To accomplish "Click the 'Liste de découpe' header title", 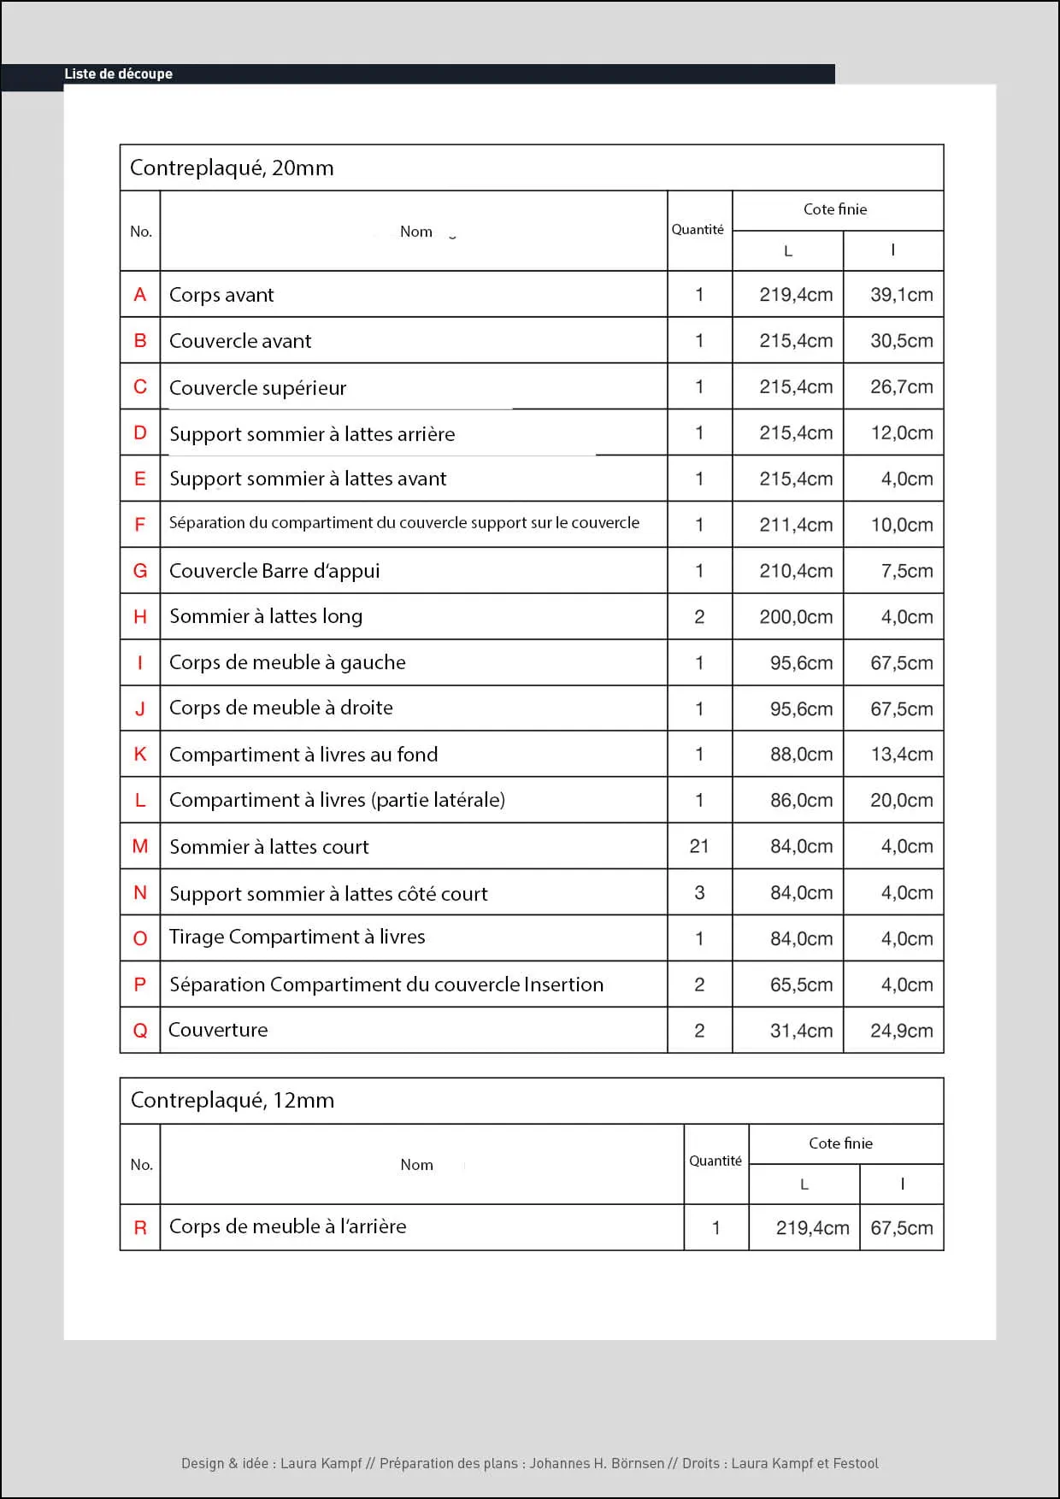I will (x=118, y=74).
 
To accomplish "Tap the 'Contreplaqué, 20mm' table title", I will (x=232, y=168).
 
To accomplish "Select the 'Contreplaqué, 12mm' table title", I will (x=232, y=1101).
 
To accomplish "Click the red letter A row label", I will (x=140, y=295).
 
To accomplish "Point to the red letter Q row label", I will (x=140, y=1031).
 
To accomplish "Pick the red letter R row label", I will (x=140, y=1228).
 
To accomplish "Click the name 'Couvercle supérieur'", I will (x=257, y=388).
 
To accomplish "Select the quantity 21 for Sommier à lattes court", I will (x=699, y=846).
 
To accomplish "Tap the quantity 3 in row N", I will (x=699, y=893).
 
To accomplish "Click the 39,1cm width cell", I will (x=901, y=295).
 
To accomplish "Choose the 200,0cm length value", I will (x=796, y=617).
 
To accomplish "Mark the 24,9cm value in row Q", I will (x=901, y=1031).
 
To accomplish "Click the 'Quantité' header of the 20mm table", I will (x=698, y=230).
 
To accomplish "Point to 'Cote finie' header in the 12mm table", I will (x=840, y=1143).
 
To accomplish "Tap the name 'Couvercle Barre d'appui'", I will (x=274, y=571).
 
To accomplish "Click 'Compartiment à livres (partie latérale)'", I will (x=337, y=800).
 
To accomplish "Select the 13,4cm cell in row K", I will (x=901, y=755).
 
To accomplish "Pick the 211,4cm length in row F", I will (x=796, y=525).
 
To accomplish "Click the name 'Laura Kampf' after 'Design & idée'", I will (x=321, y=1463).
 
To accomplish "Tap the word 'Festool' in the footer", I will (x=855, y=1463).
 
